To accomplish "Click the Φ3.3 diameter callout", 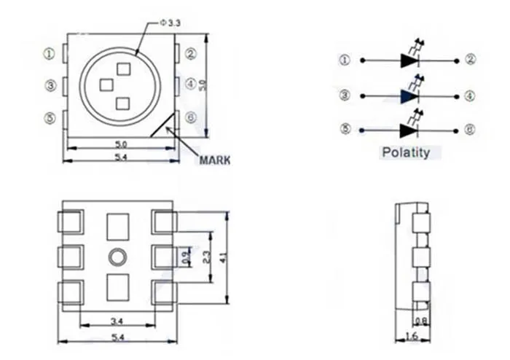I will tap(171, 24).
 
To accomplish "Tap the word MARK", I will tap(214, 160).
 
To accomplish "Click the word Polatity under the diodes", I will tap(405, 153).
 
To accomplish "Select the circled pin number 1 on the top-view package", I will tap(50, 54).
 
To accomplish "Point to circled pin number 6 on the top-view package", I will tap(191, 117).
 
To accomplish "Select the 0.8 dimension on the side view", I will tap(420, 320).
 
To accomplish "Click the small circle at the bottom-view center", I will tap(117, 257).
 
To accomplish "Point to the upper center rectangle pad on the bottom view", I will tap(117, 226).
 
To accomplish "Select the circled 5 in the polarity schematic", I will tap(345, 130).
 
